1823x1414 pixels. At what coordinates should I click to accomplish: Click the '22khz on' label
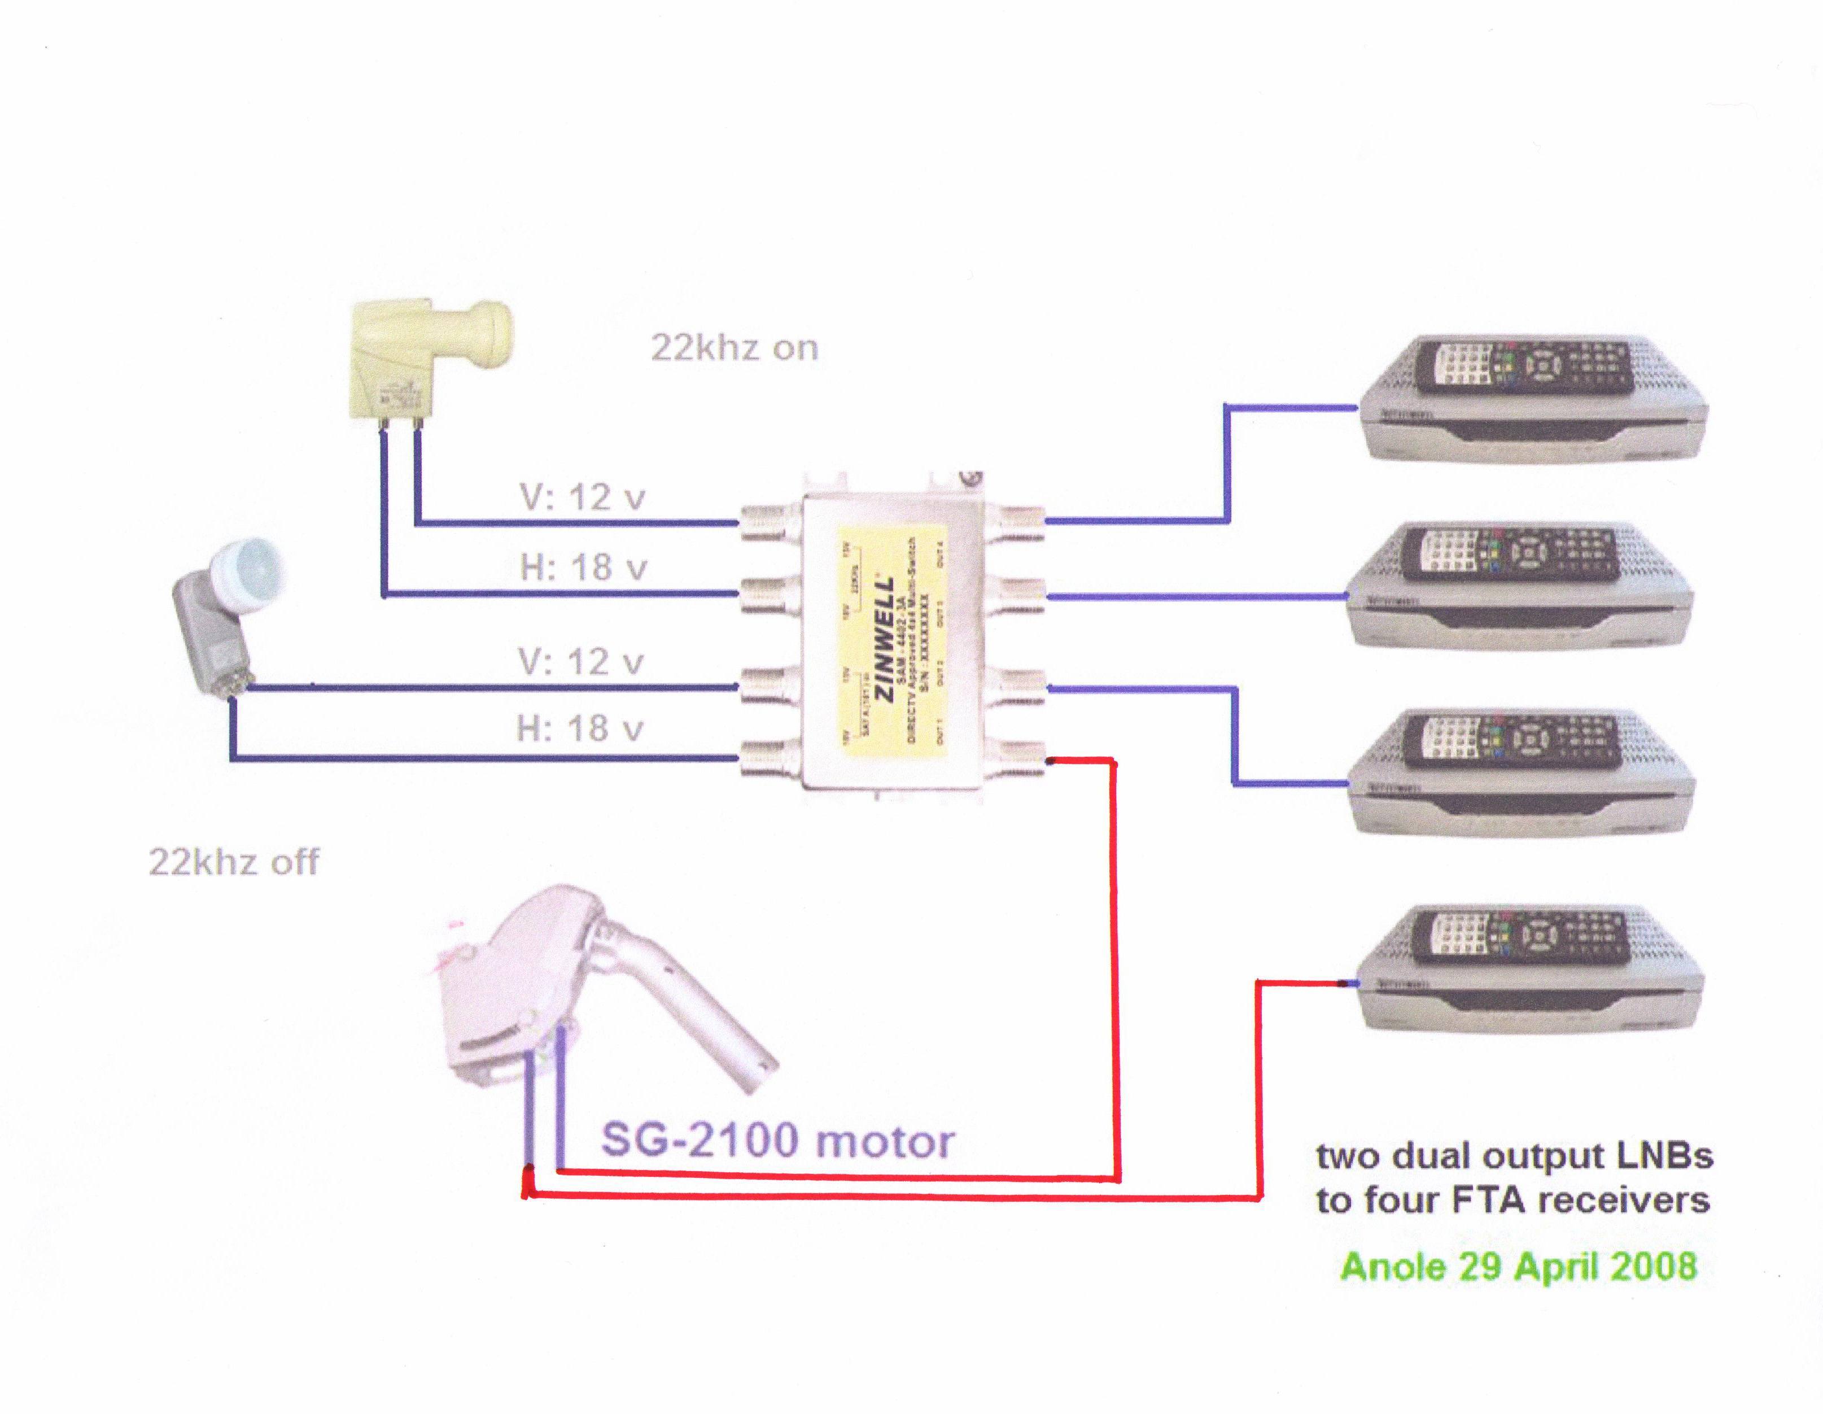click(734, 348)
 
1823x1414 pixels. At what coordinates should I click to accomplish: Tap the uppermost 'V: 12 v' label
click(583, 498)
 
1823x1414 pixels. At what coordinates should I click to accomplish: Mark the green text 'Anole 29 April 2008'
click(1518, 1266)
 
